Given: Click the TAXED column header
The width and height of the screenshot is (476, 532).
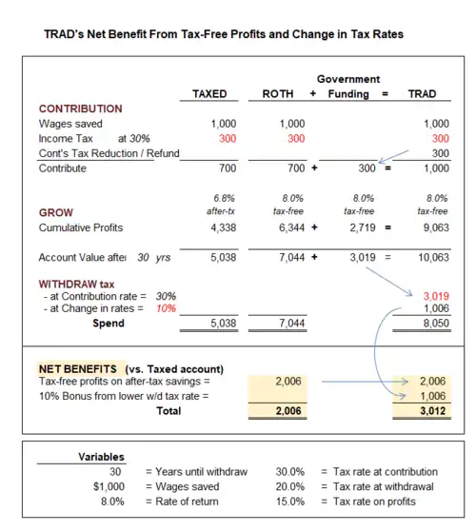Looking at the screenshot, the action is coord(209,93).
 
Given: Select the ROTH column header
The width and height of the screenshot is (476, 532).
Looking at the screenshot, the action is coord(278,93).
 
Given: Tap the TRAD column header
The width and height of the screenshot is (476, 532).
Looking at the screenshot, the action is coord(422,93).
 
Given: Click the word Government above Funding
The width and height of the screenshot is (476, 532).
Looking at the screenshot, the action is coord(348,79).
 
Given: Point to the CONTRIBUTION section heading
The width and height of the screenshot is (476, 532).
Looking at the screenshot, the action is coord(80,108).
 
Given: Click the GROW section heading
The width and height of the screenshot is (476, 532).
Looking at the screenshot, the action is coord(56,212).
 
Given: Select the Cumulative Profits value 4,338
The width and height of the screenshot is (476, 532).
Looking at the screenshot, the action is coord(223,227).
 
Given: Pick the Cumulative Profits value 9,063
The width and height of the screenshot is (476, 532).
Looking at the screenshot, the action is coord(436,227).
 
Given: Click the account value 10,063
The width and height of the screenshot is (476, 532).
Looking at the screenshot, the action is coord(433,257).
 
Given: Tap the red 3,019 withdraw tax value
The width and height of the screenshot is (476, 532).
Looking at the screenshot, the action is coord(436,296).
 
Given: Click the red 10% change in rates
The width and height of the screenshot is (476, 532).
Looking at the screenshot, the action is coord(166,308).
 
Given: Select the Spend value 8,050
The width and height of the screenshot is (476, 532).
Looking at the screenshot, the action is coord(436,323).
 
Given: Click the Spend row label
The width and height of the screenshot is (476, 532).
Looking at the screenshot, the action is coord(109,323).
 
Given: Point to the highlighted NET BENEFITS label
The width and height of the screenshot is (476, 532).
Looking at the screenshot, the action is coord(78,369).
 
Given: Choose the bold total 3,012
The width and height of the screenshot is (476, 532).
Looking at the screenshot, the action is coord(432,411).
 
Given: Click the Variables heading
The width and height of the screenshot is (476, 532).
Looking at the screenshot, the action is coord(101,457).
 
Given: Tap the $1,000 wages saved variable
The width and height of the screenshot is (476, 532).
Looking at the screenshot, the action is coord(109,486).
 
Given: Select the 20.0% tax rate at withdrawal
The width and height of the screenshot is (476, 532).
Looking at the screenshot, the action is coord(289,486).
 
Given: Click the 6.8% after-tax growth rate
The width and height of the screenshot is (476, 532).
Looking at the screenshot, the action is coord(224,198).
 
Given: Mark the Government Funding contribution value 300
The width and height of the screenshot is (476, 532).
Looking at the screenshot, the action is coord(367,167).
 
